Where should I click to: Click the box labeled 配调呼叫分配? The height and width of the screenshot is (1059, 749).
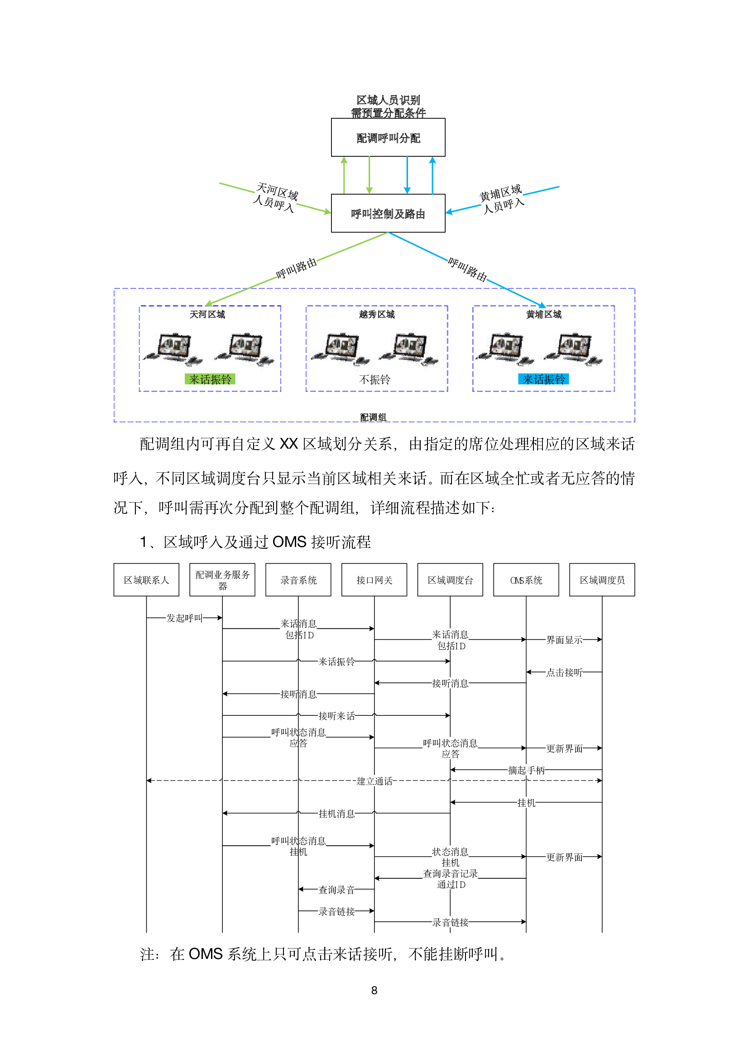tap(388, 138)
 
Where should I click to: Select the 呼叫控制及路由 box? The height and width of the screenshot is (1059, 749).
tap(388, 213)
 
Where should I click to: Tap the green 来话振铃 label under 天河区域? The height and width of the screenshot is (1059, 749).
tap(210, 379)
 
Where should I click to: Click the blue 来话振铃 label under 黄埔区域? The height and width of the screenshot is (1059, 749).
tap(543, 379)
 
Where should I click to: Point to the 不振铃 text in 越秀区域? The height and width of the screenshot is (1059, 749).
tap(374, 379)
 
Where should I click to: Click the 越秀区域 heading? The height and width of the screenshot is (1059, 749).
tap(377, 315)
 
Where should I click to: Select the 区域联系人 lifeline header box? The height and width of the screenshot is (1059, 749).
tap(146, 580)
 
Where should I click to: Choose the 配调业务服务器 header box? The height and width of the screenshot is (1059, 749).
tap(222, 580)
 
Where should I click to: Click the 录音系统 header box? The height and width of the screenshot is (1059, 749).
tap(298, 580)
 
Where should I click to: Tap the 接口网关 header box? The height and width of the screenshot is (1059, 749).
tap(374, 580)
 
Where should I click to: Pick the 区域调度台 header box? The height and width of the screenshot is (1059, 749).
tap(450, 580)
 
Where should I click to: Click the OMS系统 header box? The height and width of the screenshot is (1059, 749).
tap(526, 580)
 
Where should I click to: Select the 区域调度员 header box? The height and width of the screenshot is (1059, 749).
tap(602, 580)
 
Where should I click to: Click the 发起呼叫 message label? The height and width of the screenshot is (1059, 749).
tap(184, 618)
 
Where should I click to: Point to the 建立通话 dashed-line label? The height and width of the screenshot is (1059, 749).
tap(374, 781)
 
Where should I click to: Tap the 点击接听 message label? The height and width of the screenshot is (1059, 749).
tap(565, 672)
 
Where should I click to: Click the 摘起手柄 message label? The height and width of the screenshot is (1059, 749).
tap(526, 770)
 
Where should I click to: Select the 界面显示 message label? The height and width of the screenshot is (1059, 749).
tap(565, 640)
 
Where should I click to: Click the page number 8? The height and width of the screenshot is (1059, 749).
tap(374, 990)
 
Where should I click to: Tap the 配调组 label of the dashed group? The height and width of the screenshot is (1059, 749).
tap(373, 417)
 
